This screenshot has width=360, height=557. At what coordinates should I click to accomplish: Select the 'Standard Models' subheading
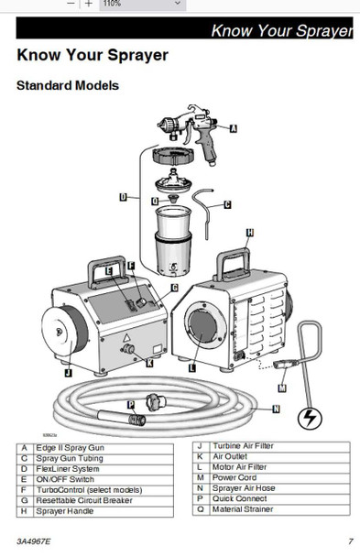tap(68, 86)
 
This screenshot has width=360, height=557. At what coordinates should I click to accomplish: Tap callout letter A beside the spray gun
tap(234, 130)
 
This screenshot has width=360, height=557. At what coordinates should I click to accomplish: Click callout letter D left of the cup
tap(123, 196)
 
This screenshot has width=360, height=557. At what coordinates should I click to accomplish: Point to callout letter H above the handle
tap(250, 233)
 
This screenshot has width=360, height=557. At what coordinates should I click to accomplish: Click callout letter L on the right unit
tap(191, 366)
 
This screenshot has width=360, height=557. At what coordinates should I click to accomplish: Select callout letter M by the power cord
tap(282, 388)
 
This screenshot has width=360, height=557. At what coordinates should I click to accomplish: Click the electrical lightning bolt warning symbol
tap(312, 419)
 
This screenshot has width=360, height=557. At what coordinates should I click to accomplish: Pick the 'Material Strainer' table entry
tap(240, 508)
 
